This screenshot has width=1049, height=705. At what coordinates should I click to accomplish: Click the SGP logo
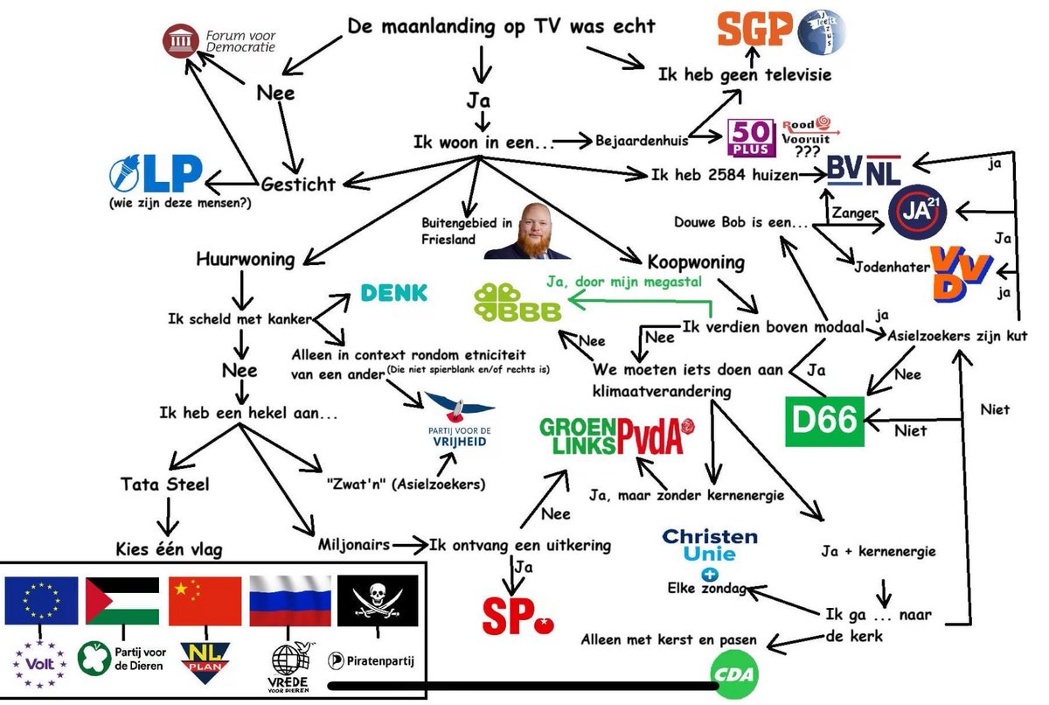coord(754,29)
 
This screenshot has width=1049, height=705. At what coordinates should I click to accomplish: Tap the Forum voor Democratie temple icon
coord(181,41)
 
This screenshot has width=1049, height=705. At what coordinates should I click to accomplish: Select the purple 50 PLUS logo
coord(751,137)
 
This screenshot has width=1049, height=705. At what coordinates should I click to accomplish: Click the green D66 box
coord(824,421)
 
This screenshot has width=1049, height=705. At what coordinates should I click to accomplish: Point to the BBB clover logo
coord(518,303)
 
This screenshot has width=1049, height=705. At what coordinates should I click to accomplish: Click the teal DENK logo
coord(394,293)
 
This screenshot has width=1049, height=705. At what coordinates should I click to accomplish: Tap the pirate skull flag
coord(378,601)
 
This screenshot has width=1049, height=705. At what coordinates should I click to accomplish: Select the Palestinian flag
coord(122,601)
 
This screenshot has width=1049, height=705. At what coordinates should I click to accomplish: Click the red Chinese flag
coord(205,601)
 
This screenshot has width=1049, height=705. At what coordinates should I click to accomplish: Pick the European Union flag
coord(41,601)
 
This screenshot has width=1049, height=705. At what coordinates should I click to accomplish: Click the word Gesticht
coord(298,184)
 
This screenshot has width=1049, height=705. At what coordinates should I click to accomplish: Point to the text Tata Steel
coord(165,484)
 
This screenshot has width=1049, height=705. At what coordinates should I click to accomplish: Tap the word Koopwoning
coord(696,262)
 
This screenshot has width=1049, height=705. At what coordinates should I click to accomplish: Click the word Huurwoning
coord(246,259)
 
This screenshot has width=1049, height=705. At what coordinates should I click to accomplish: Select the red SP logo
coord(518,617)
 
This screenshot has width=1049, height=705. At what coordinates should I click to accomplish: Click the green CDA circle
coord(734,674)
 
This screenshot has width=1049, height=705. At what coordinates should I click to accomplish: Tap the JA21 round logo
coord(917,212)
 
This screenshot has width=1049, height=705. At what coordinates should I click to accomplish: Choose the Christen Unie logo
coord(710,553)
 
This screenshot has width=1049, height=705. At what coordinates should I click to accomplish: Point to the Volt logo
coord(40,664)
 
